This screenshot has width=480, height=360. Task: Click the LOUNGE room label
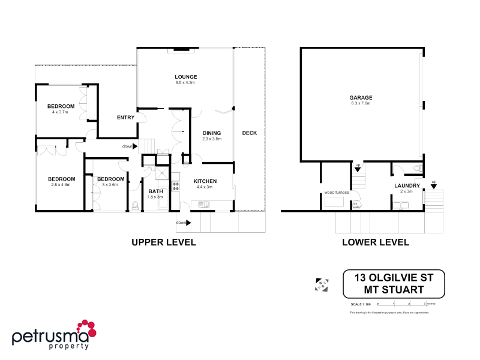tap(186, 77)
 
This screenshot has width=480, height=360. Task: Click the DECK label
tap(249, 133)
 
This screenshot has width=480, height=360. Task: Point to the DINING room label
tap(212, 133)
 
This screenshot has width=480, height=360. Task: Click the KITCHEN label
tap(205, 181)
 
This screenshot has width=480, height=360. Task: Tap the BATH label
tap(155, 191)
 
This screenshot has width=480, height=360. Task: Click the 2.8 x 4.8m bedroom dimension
tap(62, 185)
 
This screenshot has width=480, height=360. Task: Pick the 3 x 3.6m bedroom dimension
tap(110, 185)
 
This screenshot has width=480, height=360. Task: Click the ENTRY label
tap(125, 118)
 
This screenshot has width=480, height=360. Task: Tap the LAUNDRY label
tap(407, 185)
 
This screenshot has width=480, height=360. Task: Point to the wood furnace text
tap(336, 193)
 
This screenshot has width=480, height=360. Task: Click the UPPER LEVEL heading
tap(163, 242)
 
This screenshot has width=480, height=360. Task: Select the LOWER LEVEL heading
tap(375, 242)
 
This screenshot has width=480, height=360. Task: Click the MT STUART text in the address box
tap(394, 290)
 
